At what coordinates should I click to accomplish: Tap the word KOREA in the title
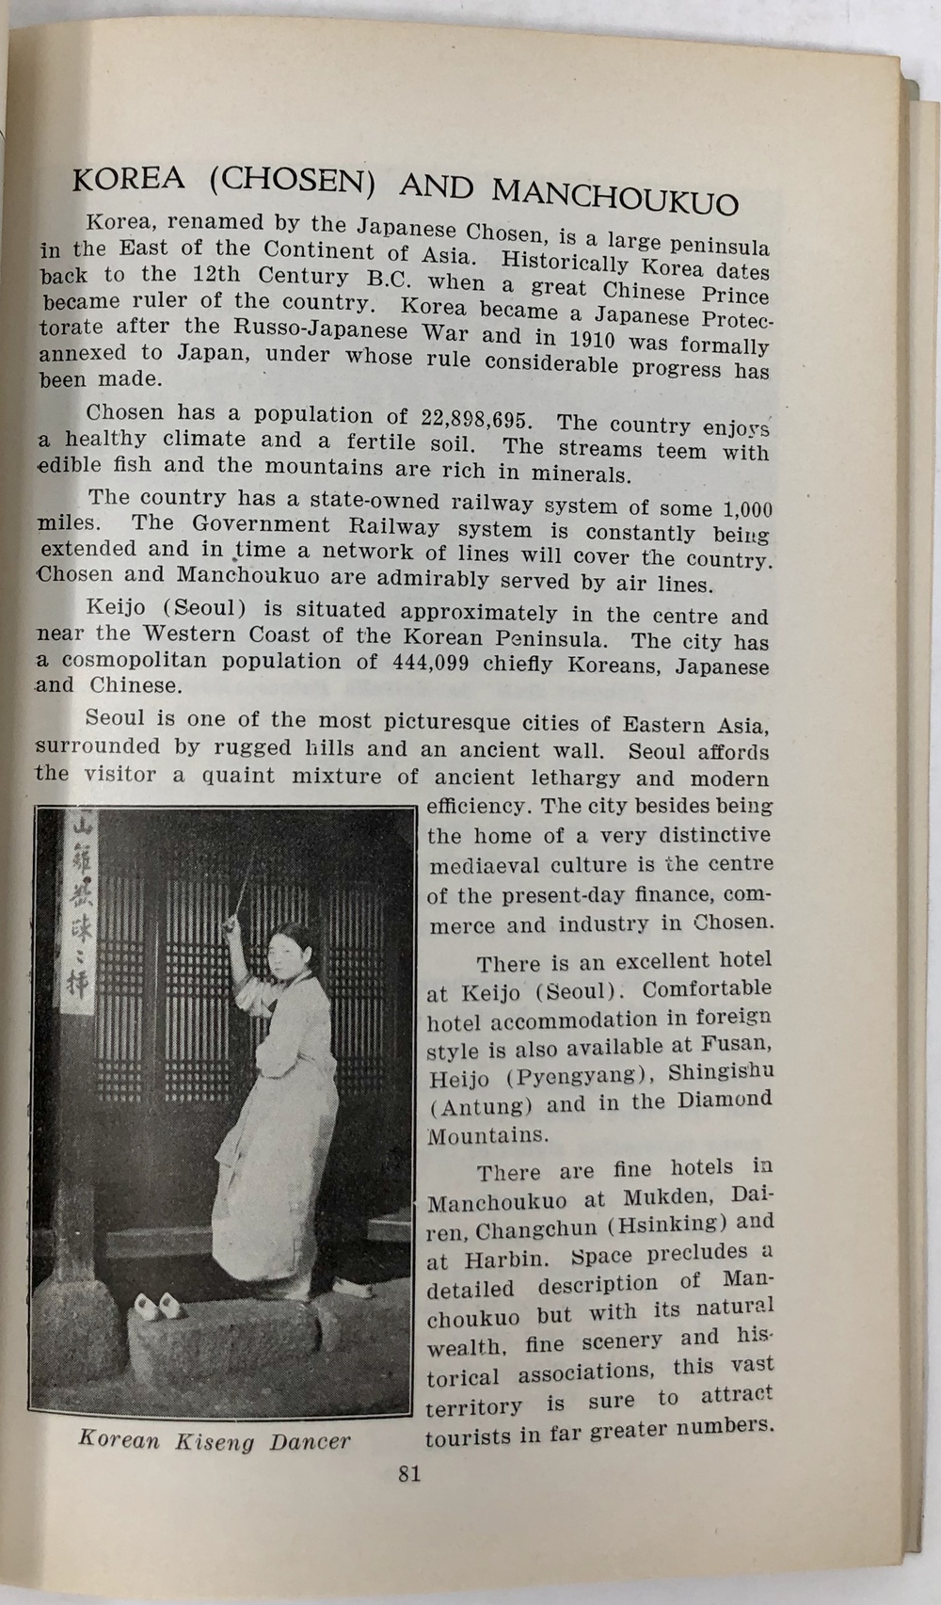tap(129, 178)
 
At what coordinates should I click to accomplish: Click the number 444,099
tap(425, 662)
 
